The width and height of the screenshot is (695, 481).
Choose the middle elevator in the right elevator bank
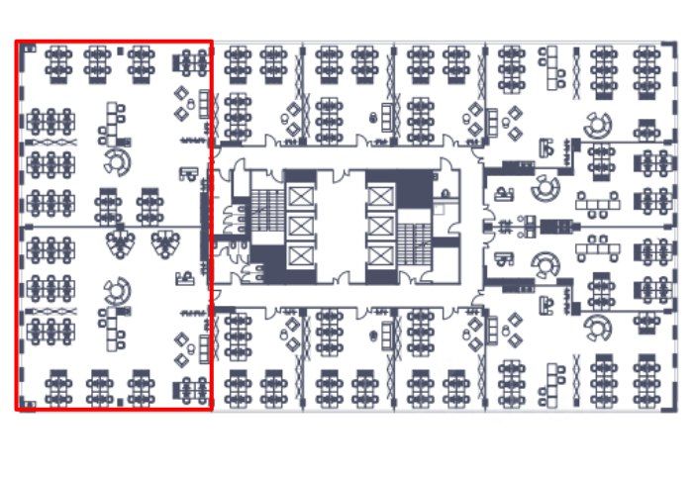coord(381,227)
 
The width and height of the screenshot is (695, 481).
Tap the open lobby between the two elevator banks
coord(340,226)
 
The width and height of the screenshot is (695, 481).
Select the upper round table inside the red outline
coord(117,160)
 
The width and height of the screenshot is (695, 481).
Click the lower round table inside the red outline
coord(118,290)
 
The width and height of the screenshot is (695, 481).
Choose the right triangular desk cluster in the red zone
coord(163,240)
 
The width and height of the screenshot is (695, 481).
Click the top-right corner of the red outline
coord(212,42)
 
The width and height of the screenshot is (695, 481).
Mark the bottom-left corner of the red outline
coord(17,409)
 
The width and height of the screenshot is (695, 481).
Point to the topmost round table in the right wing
coord(597,126)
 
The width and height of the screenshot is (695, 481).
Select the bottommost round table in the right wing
coord(597,327)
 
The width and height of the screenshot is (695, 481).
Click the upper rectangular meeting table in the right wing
coord(597,203)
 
